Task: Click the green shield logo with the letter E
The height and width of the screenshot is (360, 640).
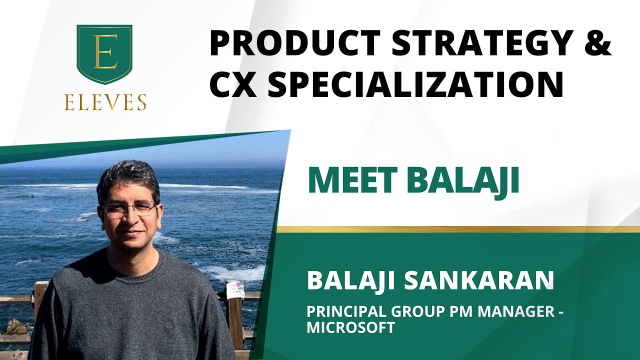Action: click(104, 54)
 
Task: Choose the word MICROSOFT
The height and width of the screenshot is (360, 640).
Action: click(350, 327)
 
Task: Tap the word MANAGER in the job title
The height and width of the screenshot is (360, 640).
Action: click(515, 311)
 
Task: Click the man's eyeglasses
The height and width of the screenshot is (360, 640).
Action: click(129, 209)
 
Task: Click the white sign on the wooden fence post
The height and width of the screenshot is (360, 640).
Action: click(234, 290)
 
